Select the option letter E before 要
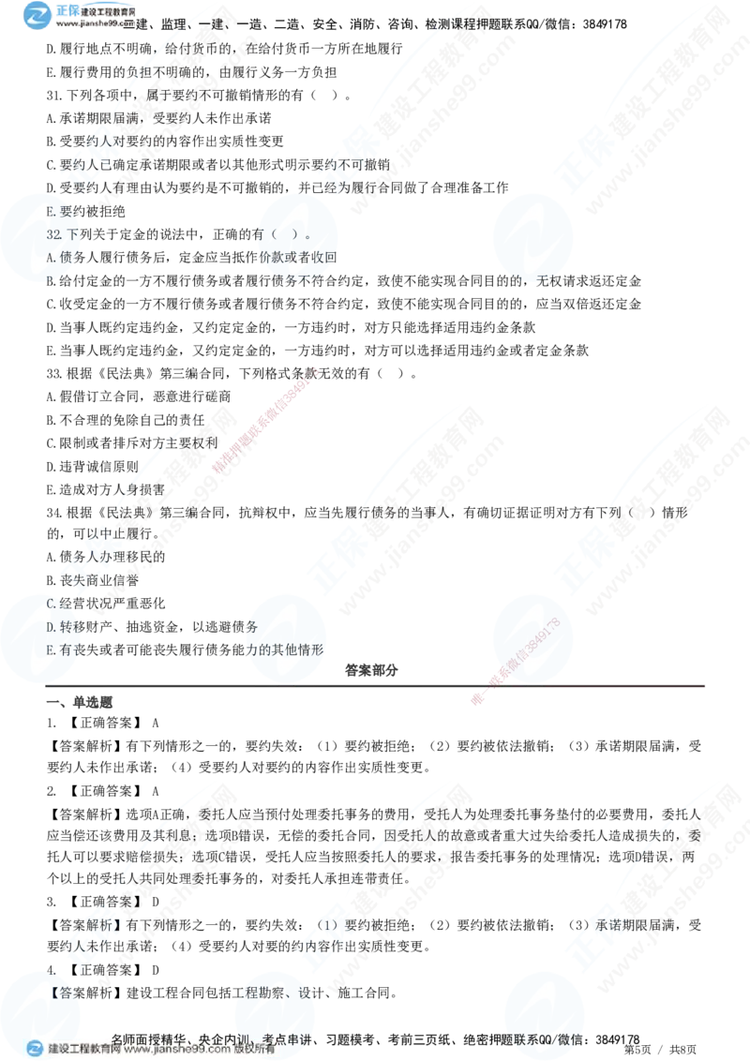coord(51,212)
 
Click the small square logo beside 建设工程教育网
coord(35,1049)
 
